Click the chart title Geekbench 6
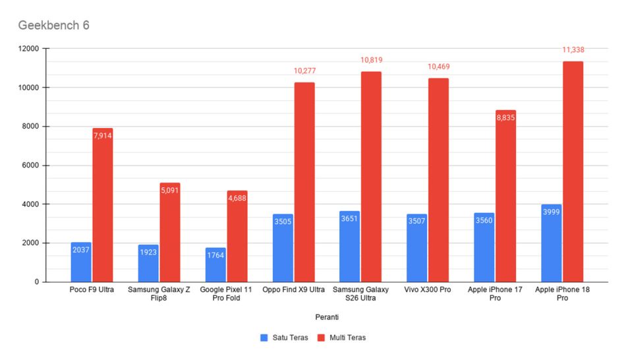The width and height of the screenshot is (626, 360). click(53, 25)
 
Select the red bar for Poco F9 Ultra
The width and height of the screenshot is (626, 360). click(103, 205)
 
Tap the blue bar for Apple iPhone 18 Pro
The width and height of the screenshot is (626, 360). click(552, 243)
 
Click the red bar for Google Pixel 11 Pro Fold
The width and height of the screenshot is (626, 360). click(237, 236)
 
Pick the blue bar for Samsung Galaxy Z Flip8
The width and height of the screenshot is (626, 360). click(148, 263)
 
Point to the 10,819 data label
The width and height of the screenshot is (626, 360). click(371, 61)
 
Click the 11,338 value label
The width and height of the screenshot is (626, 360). click(573, 50)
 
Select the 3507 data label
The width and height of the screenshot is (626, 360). click(416, 221)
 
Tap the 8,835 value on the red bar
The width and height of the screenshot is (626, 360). click(505, 118)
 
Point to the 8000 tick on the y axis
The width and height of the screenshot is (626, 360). click(31, 126)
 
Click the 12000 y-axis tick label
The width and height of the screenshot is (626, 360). click(29, 49)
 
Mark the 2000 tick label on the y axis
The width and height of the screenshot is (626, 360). click(31, 243)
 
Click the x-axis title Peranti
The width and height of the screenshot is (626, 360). click(327, 317)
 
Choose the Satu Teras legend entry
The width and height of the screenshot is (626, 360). click(284, 338)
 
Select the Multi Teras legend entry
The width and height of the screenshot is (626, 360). click(342, 338)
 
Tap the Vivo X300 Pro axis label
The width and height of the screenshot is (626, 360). click(427, 289)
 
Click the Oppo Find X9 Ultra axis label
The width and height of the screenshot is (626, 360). click(293, 289)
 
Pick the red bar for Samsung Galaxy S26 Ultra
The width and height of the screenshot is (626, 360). click(371, 177)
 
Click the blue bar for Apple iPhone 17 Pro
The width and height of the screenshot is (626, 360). click(484, 248)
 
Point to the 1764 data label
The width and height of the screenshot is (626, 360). click(215, 255)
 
